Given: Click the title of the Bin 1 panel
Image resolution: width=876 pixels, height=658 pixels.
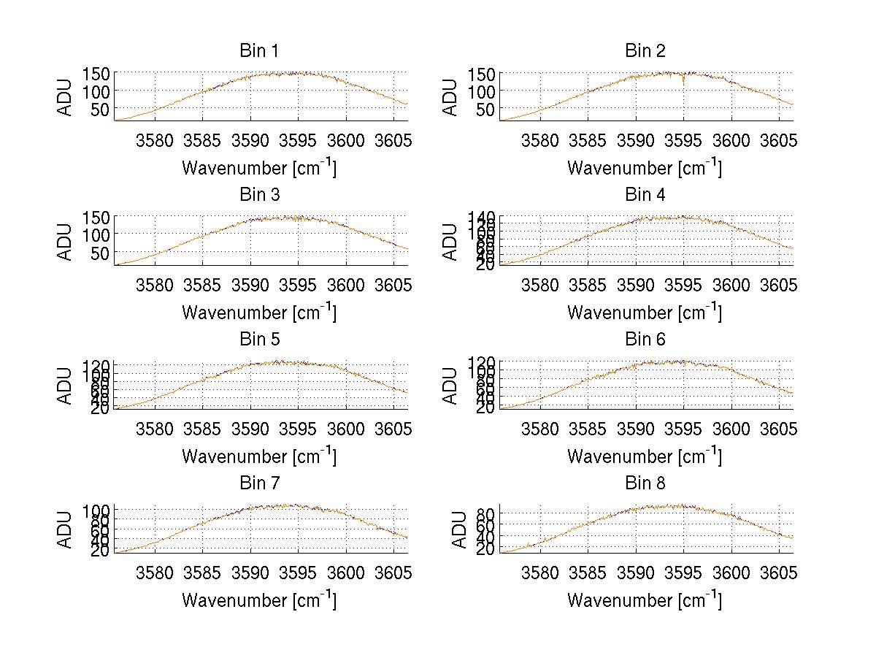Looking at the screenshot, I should click(259, 51).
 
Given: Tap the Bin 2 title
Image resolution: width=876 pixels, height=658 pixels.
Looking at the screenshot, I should click(645, 51).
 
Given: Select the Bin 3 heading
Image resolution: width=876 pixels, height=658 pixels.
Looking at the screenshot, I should click(259, 195).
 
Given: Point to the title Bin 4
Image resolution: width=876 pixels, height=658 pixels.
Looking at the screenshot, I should click(645, 195).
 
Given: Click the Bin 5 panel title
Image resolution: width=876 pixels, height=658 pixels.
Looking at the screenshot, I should click(259, 339).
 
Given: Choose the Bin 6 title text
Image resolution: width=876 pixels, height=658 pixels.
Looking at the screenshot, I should click(645, 339).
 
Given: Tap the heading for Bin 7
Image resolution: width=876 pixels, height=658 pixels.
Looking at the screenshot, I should click(259, 483).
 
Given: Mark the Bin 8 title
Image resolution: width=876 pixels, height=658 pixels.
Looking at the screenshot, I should click(645, 483).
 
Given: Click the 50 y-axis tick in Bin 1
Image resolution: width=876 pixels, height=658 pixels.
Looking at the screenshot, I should click(101, 109).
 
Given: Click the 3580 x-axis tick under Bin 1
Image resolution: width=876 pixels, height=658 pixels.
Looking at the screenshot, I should click(155, 140).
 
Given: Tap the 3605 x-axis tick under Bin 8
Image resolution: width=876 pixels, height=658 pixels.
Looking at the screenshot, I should click(777, 573).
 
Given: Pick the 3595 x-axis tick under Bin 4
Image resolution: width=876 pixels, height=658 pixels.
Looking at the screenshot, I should click(683, 284).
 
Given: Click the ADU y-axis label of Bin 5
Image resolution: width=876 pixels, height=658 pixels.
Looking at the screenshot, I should click(66, 385).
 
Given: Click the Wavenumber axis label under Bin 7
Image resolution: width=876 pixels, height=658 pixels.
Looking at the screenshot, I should click(259, 600).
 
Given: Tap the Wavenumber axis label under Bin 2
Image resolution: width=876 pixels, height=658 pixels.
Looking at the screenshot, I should click(645, 167).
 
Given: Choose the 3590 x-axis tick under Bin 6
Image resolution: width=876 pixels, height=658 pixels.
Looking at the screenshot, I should click(635, 428).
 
